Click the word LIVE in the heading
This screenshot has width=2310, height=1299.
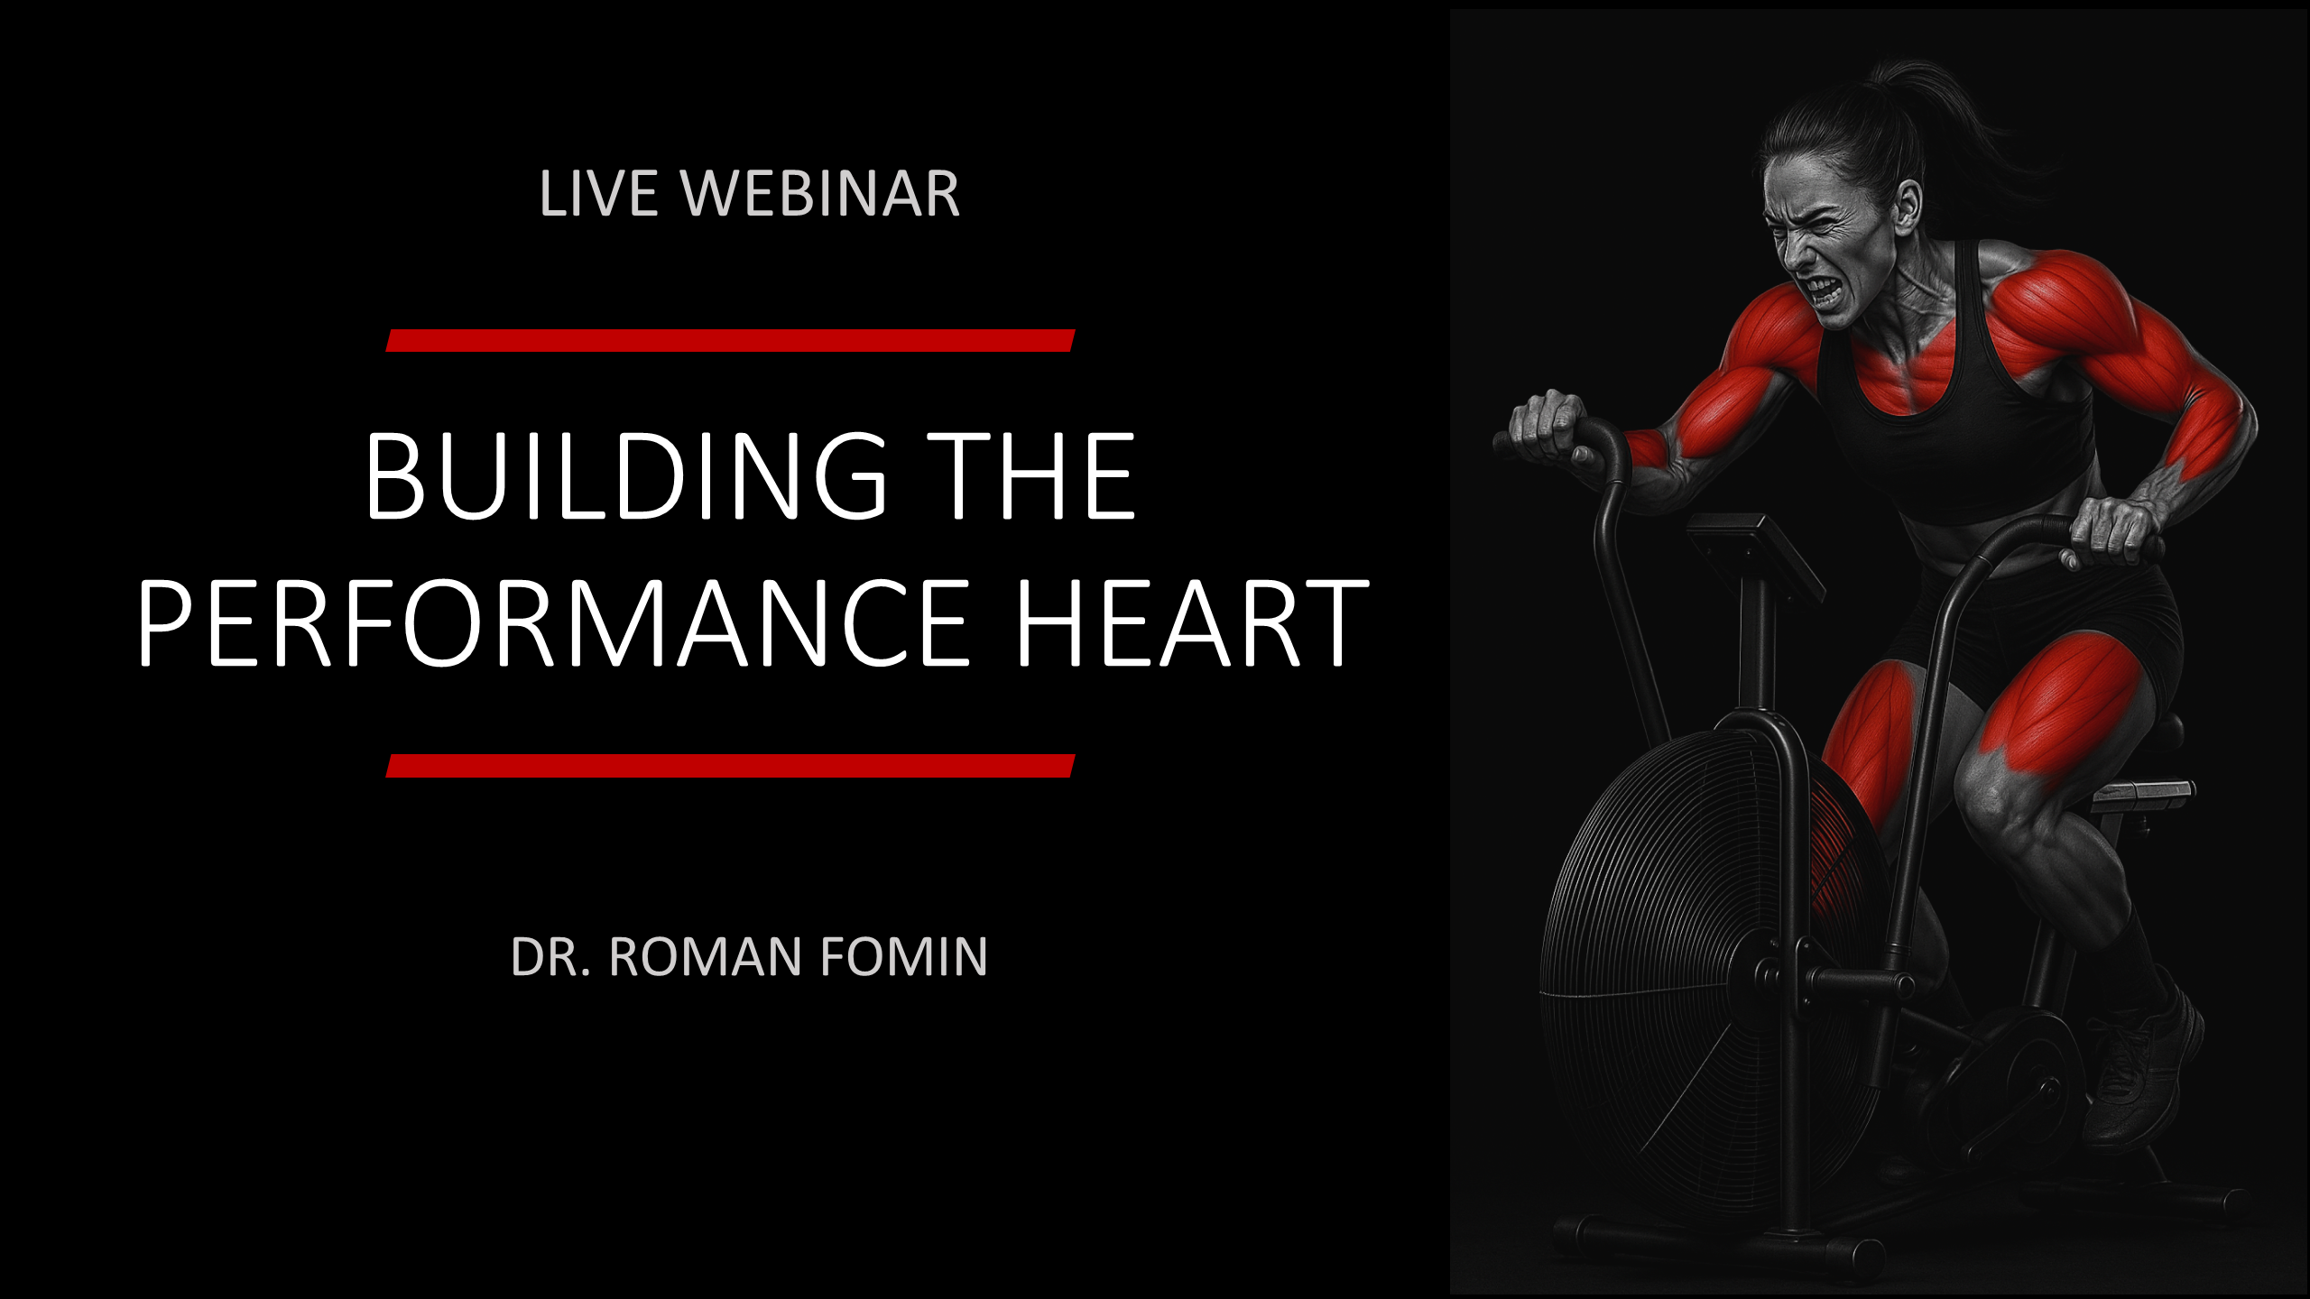pos(598,193)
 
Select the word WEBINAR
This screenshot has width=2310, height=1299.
pos(820,193)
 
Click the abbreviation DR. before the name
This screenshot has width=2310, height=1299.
pos(550,957)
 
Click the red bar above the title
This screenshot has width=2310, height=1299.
pos(730,340)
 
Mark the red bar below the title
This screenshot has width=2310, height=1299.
pos(730,766)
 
